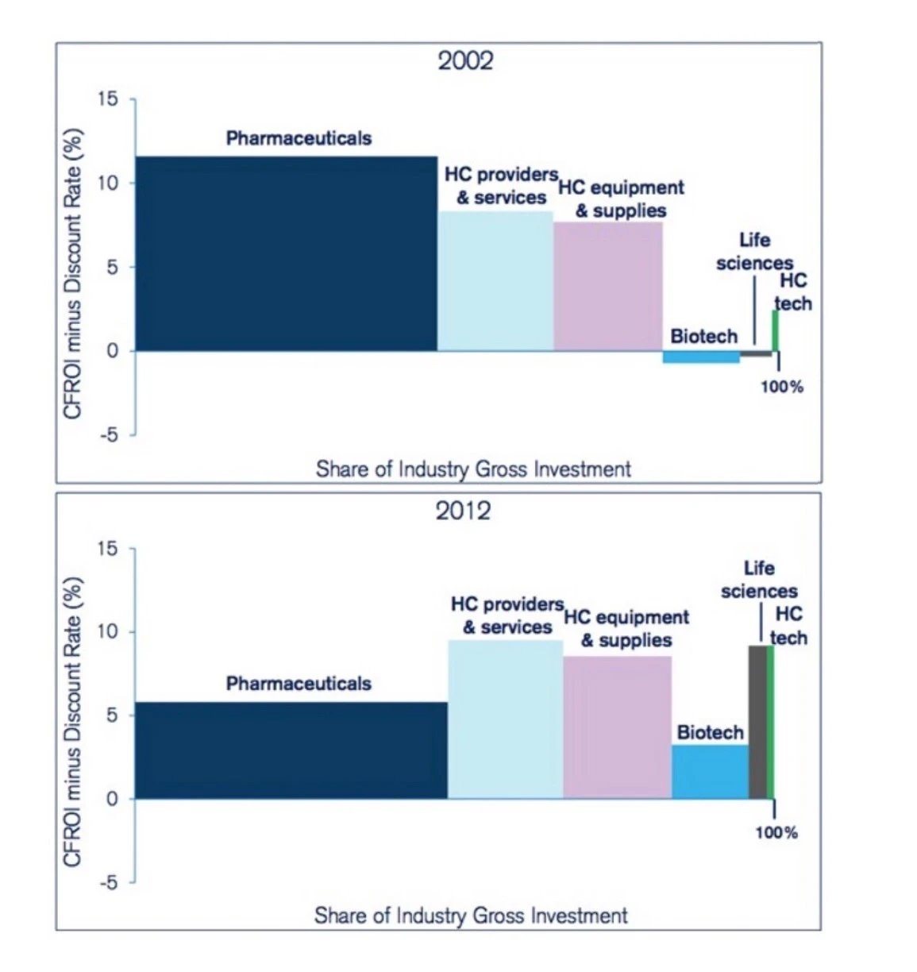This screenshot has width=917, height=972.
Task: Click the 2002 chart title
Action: (465, 61)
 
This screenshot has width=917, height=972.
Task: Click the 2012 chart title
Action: (464, 511)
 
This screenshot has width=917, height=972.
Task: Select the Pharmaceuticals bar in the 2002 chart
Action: (286, 254)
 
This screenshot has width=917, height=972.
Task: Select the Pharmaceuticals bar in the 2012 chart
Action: (291, 750)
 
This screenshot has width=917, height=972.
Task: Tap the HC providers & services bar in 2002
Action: (495, 281)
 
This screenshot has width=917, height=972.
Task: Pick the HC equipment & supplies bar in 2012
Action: (617, 727)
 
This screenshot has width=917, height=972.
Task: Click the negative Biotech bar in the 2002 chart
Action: (701, 357)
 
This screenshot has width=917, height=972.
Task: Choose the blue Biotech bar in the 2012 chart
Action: (710, 771)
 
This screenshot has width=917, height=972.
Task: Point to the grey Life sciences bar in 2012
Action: (757, 722)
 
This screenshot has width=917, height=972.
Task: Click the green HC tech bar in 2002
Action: (776, 330)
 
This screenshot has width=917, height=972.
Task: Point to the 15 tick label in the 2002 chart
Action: (107, 99)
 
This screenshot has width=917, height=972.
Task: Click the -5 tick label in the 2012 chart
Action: (107, 882)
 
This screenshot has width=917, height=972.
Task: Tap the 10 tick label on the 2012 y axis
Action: (107, 632)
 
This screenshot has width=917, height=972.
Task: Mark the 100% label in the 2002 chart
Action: (782, 387)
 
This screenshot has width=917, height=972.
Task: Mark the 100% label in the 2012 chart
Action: (776, 832)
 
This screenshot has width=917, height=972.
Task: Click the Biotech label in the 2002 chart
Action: (703, 337)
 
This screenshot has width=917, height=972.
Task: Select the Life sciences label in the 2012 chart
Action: (759, 580)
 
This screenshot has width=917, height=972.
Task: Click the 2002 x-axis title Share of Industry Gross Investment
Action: (473, 469)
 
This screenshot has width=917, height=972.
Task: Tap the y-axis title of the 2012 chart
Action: (73, 721)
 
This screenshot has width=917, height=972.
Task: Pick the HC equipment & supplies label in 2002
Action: (621, 199)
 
